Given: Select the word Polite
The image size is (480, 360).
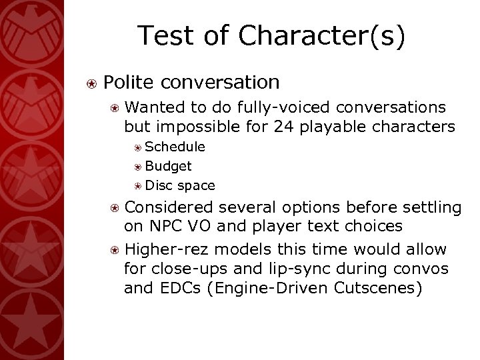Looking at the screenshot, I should [129, 82].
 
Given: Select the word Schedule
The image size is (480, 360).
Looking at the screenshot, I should [175, 147].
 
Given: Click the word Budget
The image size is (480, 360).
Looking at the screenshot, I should [169, 165].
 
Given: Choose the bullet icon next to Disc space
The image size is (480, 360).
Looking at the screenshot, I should [137, 185].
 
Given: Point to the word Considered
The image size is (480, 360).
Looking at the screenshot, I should [169, 208].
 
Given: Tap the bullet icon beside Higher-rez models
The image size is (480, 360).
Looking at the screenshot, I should [115, 250].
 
